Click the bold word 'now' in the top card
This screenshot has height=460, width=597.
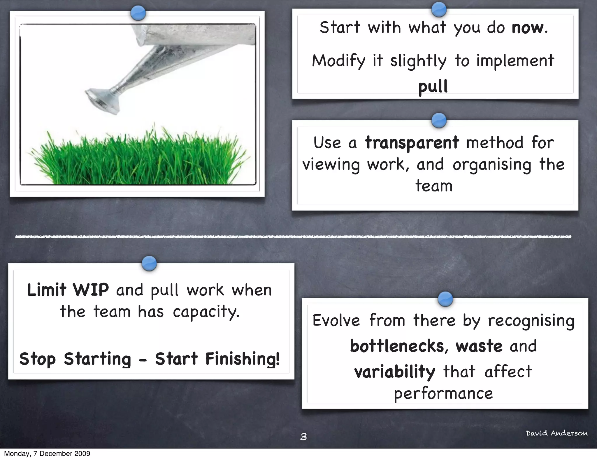[527, 28]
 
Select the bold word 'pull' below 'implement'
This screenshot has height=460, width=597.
[433, 87]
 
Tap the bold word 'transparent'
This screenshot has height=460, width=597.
[412, 143]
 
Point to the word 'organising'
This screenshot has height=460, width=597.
[492, 165]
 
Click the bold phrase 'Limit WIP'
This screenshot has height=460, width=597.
[68, 290]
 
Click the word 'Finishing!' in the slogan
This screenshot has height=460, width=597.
[242, 359]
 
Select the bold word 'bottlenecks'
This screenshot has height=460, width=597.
[397, 346]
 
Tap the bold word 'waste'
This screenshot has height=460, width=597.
[479, 346]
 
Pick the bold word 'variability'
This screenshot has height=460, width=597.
[395, 372]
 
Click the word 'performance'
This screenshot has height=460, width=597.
[443, 394]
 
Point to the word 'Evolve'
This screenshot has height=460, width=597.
[336, 320]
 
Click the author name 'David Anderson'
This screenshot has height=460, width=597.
[556, 433]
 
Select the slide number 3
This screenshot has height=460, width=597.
[303, 437]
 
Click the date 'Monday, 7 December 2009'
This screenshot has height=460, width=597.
[47, 454]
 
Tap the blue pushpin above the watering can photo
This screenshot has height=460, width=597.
[138, 13]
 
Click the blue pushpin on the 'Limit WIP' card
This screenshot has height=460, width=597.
[149, 263]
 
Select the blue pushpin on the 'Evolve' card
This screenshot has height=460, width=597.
[445, 299]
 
